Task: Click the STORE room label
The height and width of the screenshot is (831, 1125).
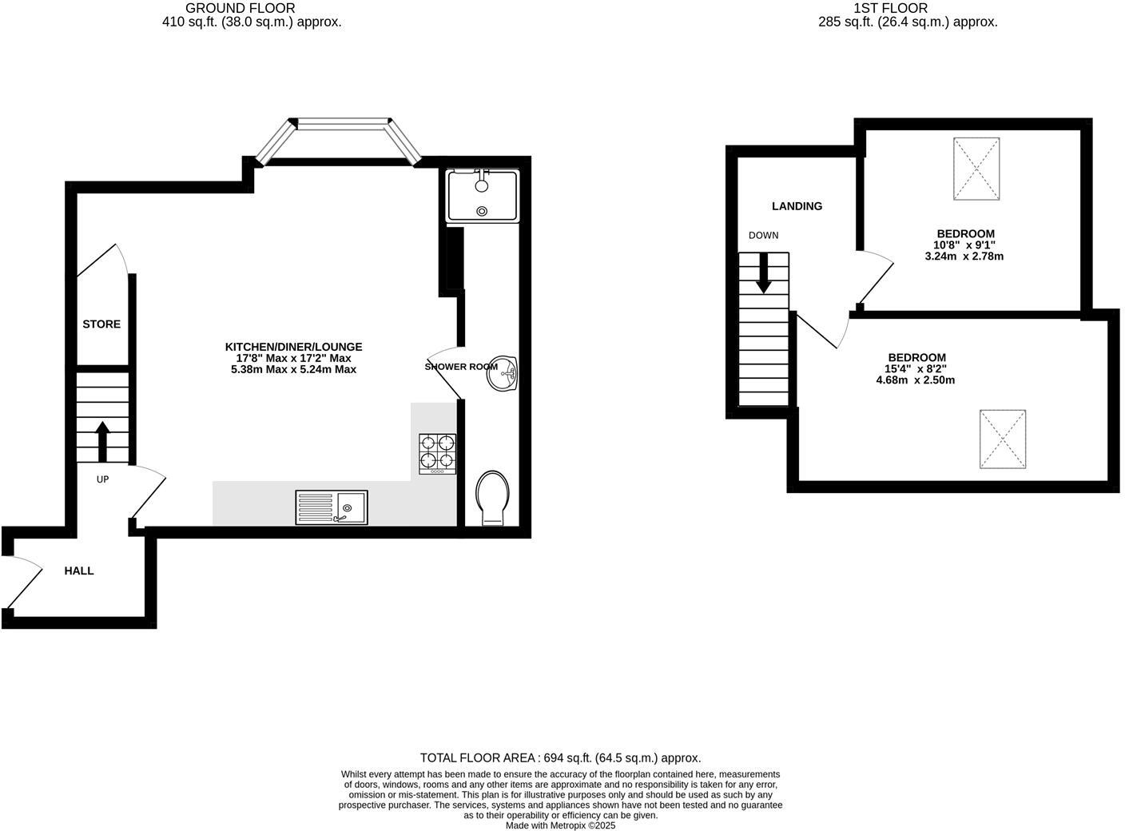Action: click(x=101, y=324)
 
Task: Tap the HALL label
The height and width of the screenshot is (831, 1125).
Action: click(x=79, y=571)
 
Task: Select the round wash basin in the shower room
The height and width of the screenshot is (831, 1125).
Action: click(x=503, y=374)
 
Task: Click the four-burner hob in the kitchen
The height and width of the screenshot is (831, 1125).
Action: click(x=438, y=454)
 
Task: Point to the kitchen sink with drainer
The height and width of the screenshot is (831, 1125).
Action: click(x=332, y=507)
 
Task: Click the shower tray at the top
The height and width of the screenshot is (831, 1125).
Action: click(x=483, y=195)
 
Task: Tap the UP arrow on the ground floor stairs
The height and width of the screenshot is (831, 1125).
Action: click(x=102, y=442)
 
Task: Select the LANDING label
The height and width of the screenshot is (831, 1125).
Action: click(x=797, y=206)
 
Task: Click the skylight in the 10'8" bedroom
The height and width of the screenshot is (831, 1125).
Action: click(x=976, y=168)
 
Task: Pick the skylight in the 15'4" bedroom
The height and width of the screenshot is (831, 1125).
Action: click(x=1003, y=439)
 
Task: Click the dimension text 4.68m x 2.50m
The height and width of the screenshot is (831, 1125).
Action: click(x=916, y=380)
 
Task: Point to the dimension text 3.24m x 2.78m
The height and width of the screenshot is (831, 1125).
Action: click(x=964, y=256)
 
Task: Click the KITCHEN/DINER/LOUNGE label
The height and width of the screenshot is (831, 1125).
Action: click(x=293, y=347)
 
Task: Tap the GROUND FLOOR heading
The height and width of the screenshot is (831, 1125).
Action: click(x=240, y=8)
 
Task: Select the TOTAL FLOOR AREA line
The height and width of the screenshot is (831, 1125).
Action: click(x=560, y=757)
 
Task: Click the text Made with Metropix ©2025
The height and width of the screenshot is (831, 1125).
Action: click(x=560, y=825)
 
